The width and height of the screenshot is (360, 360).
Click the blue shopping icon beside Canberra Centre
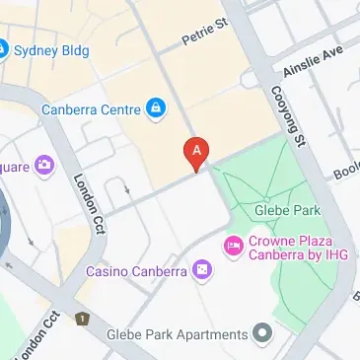coord(155,108)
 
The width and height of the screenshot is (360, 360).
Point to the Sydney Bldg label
coord(50,49)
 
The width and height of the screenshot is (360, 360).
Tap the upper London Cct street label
coord(88,203)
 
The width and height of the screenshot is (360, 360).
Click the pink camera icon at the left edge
coord(43,165)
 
